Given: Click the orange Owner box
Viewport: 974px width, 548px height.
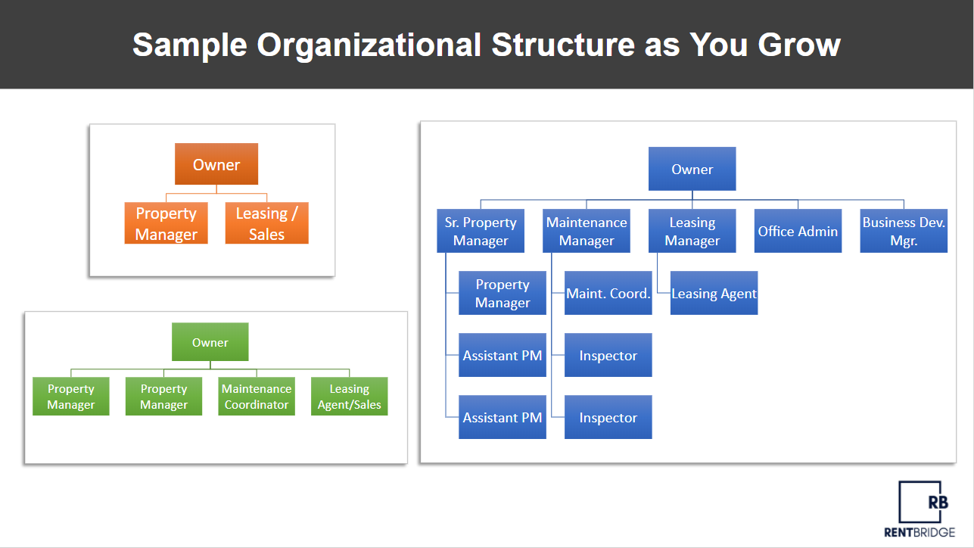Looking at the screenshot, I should pyautogui.click(x=216, y=164).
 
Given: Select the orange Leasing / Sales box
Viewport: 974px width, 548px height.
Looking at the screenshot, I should pyautogui.click(x=266, y=223).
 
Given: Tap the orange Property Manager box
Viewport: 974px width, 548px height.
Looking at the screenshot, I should pyautogui.click(x=166, y=223).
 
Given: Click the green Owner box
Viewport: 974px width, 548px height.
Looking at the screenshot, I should pyautogui.click(x=210, y=342).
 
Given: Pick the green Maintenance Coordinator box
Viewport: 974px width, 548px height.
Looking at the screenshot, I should pyautogui.click(x=257, y=397).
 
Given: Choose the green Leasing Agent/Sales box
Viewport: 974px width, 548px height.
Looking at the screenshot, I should pyautogui.click(x=349, y=397).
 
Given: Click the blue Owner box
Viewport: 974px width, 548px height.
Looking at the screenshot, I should pyautogui.click(x=692, y=169).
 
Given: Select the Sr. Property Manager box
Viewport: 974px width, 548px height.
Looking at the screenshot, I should pyautogui.click(x=481, y=231).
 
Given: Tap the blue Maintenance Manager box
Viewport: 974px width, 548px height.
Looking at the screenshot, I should pyautogui.click(x=587, y=231).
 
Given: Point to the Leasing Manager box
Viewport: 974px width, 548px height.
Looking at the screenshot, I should pyautogui.click(x=692, y=231).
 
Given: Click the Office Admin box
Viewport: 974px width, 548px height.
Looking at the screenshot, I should pyautogui.click(x=798, y=231).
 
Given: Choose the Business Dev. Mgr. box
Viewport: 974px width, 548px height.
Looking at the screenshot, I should pyautogui.click(x=904, y=231).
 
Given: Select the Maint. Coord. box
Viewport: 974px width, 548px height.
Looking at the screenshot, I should pyautogui.click(x=608, y=293).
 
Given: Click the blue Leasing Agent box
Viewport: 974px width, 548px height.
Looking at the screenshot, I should pyautogui.click(x=714, y=293).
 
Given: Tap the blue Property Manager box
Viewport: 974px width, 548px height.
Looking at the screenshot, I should pyautogui.click(x=503, y=293).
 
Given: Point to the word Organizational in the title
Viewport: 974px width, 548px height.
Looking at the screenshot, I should pyautogui.click(x=369, y=45).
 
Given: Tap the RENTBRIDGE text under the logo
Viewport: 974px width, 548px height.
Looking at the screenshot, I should pyautogui.click(x=920, y=532).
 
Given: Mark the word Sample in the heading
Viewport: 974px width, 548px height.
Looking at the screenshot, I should pyautogui.click(x=190, y=45).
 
